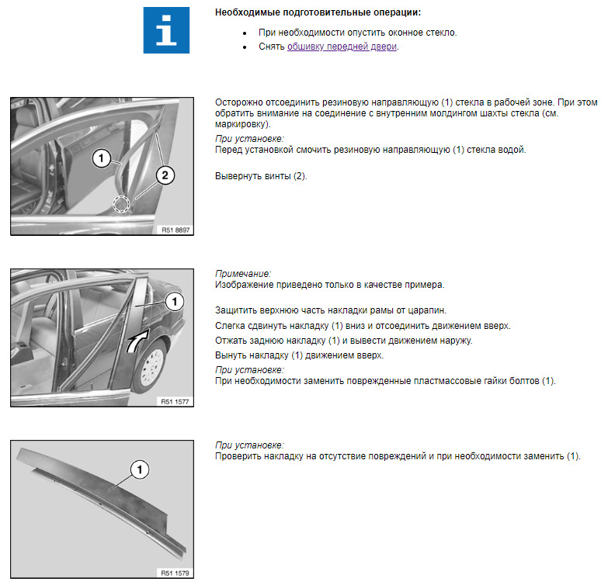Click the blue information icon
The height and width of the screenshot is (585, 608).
pyautogui.click(x=166, y=30)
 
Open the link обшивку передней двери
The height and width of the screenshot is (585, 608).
pyautogui.click(x=342, y=47)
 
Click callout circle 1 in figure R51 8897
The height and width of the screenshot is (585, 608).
pyautogui.click(x=101, y=158)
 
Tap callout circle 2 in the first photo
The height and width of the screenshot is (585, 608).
pyautogui.click(x=165, y=175)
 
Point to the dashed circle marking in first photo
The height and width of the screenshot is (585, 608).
pyautogui.click(x=121, y=204)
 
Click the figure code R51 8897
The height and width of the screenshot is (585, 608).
pyautogui.click(x=175, y=230)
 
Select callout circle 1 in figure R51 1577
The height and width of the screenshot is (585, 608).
pyautogui.click(x=175, y=301)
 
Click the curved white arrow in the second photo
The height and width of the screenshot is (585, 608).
pyautogui.click(x=137, y=341)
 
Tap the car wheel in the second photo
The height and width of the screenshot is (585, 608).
pyautogui.click(x=151, y=365)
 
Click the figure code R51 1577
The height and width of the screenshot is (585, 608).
pyautogui.click(x=175, y=402)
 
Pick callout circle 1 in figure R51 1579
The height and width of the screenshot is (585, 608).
pyautogui.click(x=140, y=469)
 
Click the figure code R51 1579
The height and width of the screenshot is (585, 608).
pyautogui.click(x=175, y=573)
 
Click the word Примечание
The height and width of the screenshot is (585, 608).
pyautogui.click(x=243, y=274)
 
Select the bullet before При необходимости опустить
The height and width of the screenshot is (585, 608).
pyautogui.click(x=245, y=33)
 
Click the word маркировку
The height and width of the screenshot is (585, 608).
pyautogui.click(x=241, y=124)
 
